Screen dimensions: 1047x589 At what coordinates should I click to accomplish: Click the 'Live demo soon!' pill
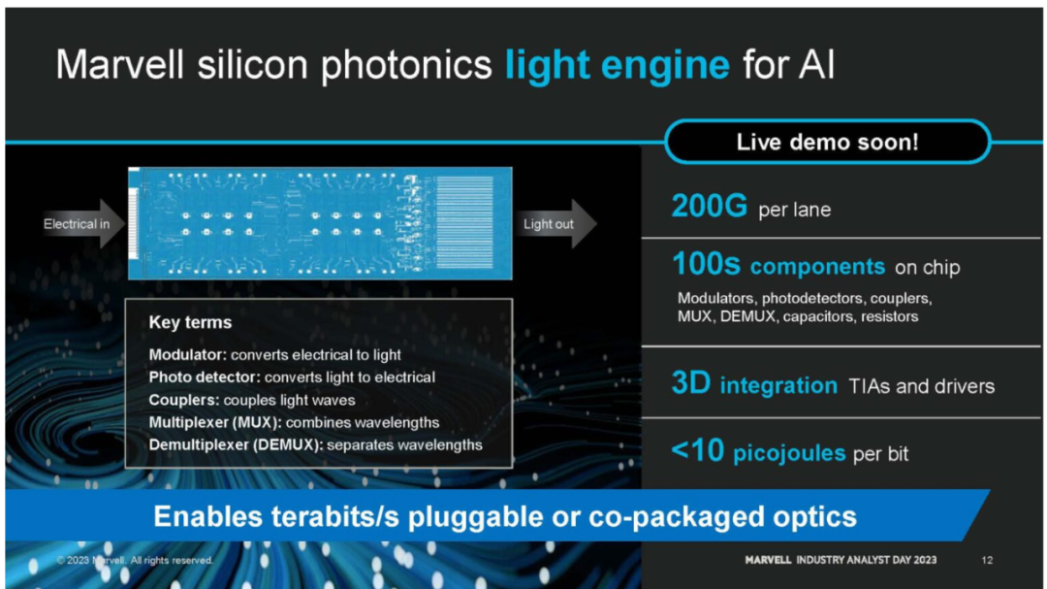827,142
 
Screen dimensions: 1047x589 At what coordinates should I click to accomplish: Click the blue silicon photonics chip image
320,223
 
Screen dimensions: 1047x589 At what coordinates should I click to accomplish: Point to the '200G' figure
709,206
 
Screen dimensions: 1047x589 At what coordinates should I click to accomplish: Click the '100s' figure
706,264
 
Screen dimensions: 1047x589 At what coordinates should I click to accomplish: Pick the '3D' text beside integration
691,383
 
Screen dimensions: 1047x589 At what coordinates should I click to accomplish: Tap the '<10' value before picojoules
697,450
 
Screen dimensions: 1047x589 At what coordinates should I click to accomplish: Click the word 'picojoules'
789,453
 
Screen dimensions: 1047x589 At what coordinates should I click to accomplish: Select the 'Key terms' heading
190,322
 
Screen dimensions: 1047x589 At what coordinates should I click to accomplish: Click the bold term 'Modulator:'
188,354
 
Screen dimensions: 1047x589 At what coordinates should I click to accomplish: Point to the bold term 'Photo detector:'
205,377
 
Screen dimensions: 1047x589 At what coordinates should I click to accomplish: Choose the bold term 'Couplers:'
184,400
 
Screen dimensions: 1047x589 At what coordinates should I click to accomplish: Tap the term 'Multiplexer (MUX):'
215,422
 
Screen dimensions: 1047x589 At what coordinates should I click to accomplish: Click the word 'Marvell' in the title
119,65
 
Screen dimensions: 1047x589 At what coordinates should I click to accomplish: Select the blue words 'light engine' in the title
618,66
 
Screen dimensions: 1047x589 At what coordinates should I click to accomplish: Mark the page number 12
987,560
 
